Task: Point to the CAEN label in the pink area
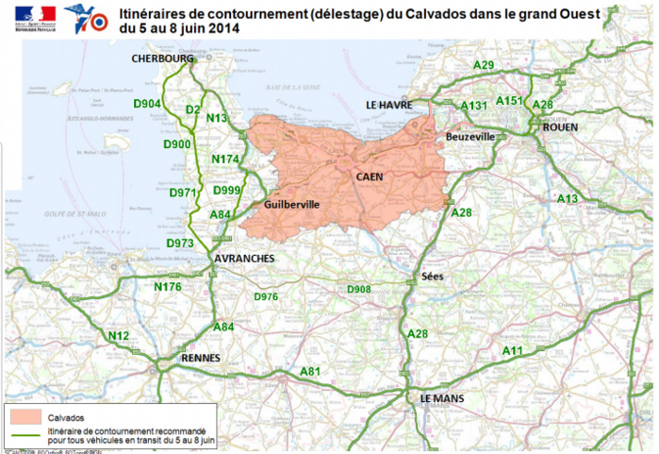click(x=370, y=177)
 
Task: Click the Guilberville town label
click(x=292, y=204)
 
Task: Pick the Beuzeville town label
click(x=470, y=137)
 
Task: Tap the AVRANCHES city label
click(x=244, y=258)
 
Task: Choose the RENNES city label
click(x=200, y=359)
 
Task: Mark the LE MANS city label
click(x=443, y=398)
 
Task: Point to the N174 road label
click(x=225, y=160)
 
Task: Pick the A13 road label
click(x=567, y=199)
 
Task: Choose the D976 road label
click(x=267, y=296)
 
